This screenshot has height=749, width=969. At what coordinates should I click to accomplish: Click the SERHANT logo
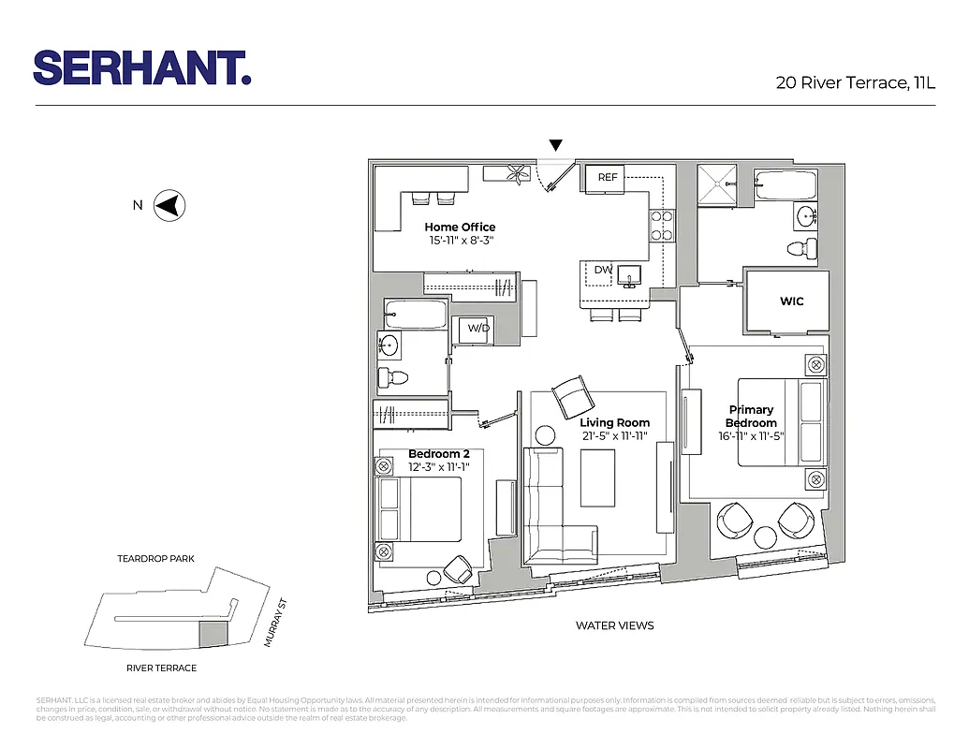coord(142,67)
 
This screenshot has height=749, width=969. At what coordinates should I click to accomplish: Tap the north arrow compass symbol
coord(170,205)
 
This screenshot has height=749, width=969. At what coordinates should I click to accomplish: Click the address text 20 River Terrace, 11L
coord(855,82)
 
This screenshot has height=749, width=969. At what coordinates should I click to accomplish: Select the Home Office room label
coord(460,227)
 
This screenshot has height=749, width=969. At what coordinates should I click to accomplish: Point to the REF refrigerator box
coord(609,176)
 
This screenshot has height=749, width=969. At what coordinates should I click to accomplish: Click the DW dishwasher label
coord(603,271)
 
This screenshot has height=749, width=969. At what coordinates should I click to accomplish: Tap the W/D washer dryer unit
coord(478,329)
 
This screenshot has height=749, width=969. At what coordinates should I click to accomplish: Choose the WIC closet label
coord(791,301)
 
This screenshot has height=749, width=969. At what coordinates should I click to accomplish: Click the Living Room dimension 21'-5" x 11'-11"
coord(614,435)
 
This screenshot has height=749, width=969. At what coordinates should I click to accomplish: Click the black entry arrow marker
coord(556,145)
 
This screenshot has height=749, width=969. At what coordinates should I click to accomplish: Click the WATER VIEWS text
coord(614,625)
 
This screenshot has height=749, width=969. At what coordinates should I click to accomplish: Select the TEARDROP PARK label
coord(155,559)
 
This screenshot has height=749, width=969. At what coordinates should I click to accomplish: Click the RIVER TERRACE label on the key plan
coord(161,668)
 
